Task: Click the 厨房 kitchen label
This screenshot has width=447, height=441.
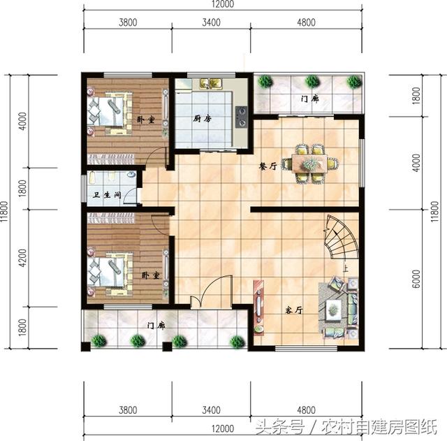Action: click(202, 119)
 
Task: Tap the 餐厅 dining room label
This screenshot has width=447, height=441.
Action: click(268, 166)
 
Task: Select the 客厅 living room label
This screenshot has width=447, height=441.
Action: click(293, 310)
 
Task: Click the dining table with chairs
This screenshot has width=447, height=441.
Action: click(309, 164)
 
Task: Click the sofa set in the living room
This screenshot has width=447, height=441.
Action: click(341, 306)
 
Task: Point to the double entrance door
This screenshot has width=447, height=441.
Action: click(211, 294)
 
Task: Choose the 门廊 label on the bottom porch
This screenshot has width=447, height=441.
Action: click(156, 325)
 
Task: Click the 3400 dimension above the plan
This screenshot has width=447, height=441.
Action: click(211, 22)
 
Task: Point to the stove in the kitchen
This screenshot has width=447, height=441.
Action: click(242, 117)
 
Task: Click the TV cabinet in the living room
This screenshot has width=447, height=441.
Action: click(259, 308)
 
